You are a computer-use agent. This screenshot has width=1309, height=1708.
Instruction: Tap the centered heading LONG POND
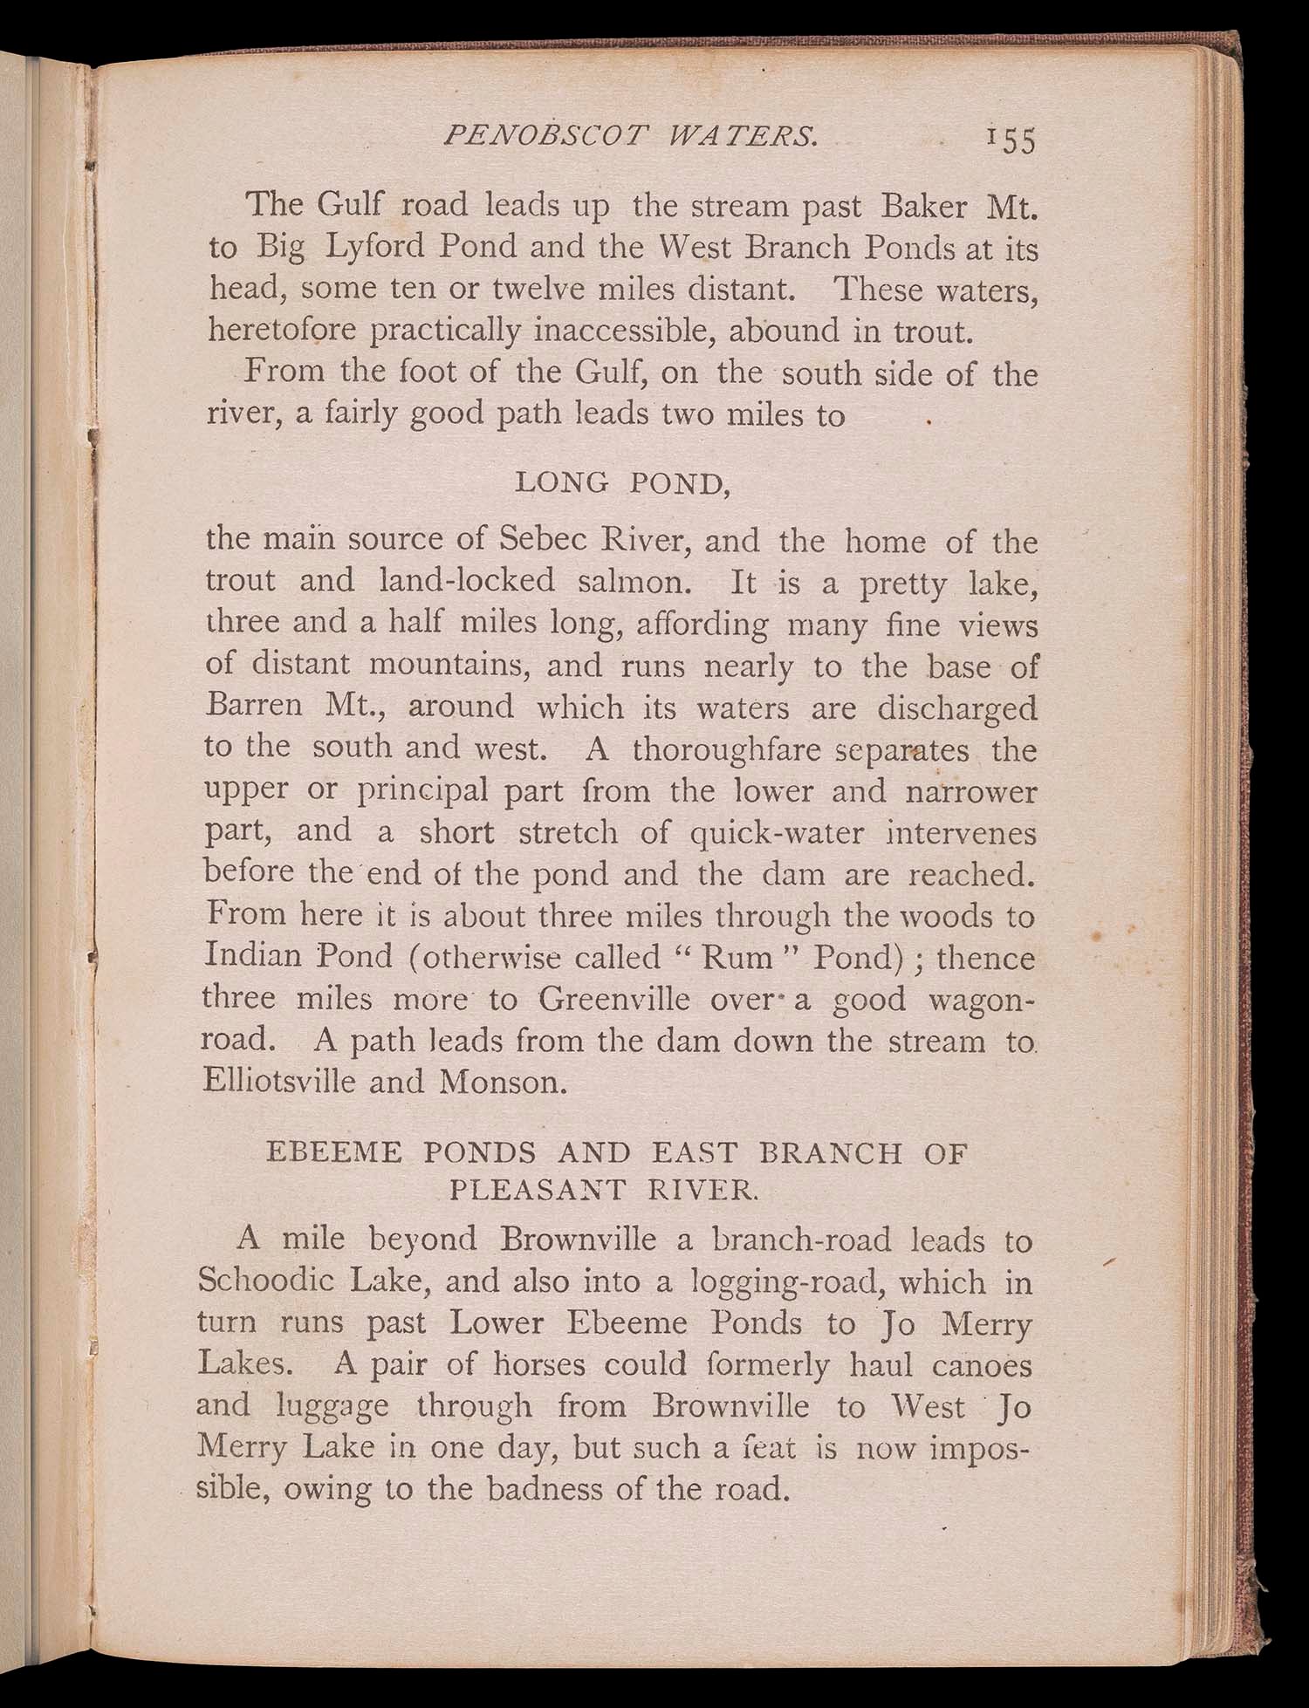coord(622,482)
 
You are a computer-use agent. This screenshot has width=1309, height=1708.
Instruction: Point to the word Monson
coord(502,1083)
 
